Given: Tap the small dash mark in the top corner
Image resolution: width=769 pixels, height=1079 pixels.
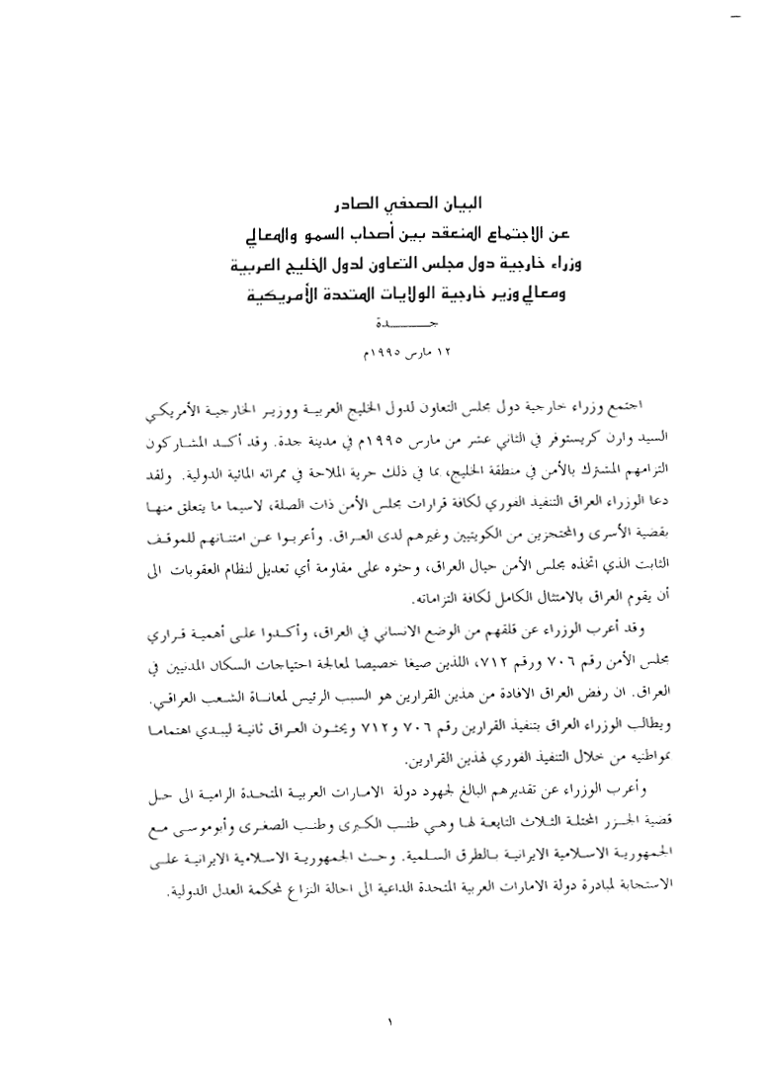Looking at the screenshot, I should point(732,17).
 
